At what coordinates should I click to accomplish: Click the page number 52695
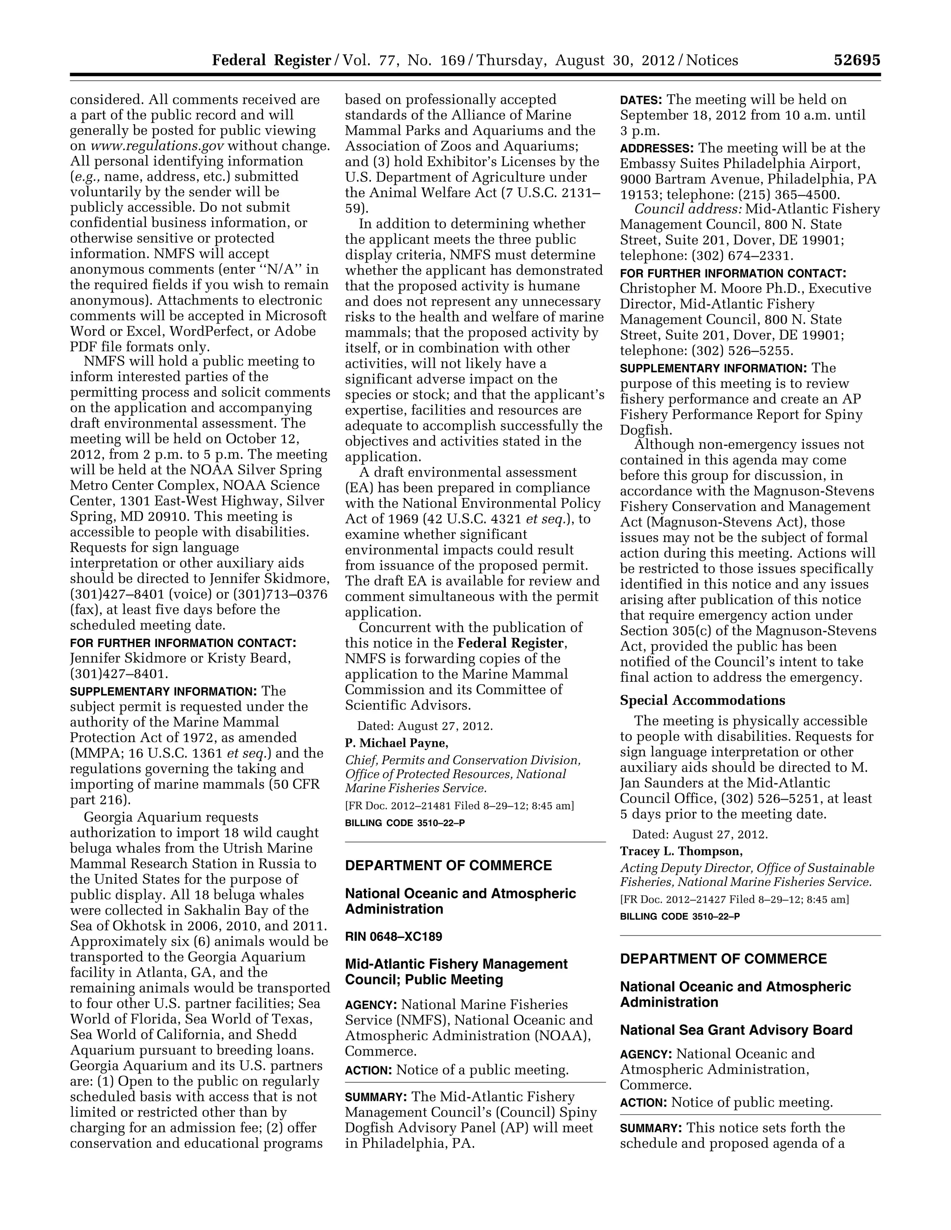(x=856, y=60)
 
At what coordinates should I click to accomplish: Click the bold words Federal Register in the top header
(x=271, y=60)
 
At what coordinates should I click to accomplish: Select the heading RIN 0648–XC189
(x=393, y=937)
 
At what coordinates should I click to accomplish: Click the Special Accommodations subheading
(x=702, y=700)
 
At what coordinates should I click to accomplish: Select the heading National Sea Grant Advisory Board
(x=736, y=1030)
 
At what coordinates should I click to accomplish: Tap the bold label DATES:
(x=641, y=100)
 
